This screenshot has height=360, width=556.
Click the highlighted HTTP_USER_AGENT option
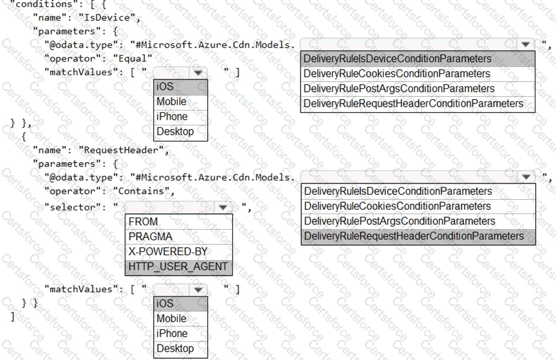[178, 266]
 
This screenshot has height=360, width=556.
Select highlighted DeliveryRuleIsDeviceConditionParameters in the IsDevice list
[398, 59]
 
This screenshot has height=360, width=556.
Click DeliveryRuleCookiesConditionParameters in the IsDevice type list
[397, 74]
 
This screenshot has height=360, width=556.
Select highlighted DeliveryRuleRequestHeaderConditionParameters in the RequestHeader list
[414, 236]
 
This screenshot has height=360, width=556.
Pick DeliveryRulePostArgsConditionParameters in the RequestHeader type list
[400, 221]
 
